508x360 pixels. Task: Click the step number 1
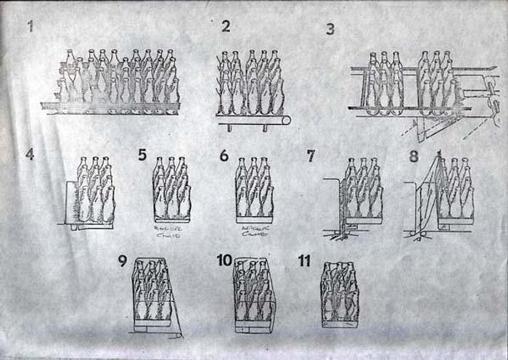pos(30,28)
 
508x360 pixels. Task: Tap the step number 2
pos(226,27)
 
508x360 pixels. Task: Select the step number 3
pos(330,29)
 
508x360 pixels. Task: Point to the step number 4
pos(30,155)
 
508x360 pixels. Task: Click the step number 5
pos(142,155)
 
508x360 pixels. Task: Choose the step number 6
pos(224,155)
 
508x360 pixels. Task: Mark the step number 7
pos(311,155)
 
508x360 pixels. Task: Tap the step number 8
pos(414,155)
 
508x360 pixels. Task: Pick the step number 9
pos(123,261)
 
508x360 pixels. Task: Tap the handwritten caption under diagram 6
pos(254,232)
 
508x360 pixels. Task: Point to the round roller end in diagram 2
pos(286,120)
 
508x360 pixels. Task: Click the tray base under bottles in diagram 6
pos(255,219)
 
